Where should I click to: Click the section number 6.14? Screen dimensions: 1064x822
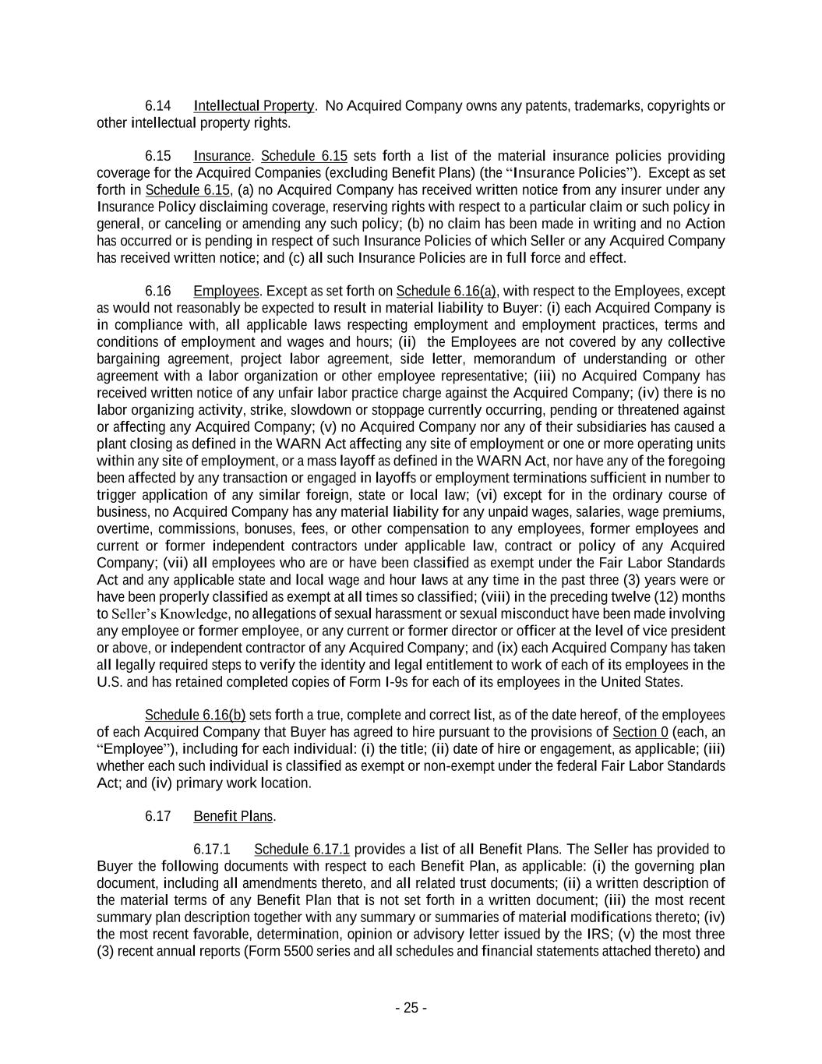(x=157, y=106)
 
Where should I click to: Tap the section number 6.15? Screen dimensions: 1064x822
(x=157, y=156)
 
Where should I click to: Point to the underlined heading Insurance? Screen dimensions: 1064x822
(x=222, y=156)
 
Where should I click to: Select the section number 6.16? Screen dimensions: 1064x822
(x=157, y=292)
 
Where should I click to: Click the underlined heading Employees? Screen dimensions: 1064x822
(x=226, y=292)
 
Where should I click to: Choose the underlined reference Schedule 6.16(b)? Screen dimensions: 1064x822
(x=195, y=716)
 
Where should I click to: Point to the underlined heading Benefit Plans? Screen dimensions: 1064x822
(x=233, y=817)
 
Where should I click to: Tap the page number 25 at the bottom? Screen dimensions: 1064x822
(x=411, y=1009)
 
